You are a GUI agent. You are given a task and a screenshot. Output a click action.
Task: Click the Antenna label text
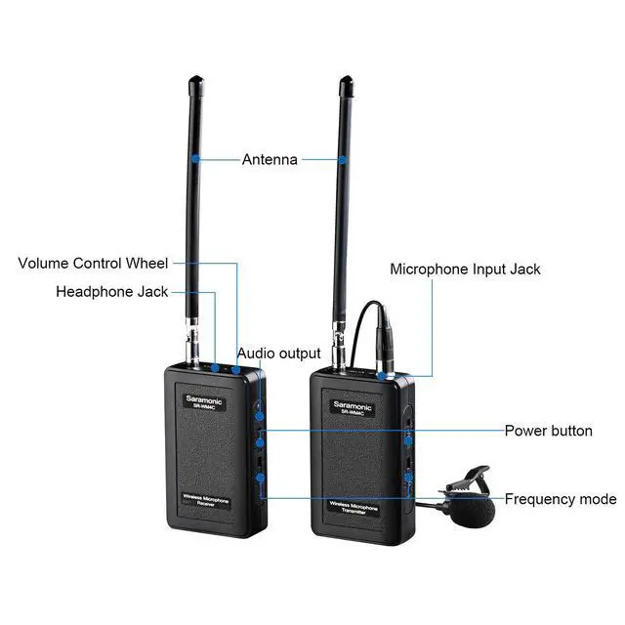click(x=270, y=159)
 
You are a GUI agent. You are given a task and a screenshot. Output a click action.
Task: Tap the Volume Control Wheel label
click(x=93, y=263)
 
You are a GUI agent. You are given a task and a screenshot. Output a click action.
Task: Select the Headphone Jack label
click(x=111, y=291)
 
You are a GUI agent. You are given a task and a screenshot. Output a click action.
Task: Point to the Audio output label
click(x=278, y=353)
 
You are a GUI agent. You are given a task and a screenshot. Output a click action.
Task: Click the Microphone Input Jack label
click(x=465, y=269)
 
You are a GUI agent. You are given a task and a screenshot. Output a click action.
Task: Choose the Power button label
click(x=548, y=431)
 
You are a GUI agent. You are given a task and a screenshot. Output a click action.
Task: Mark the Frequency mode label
click(x=560, y=499)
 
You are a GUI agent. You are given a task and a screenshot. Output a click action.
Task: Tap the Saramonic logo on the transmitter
click(x=352, y=399)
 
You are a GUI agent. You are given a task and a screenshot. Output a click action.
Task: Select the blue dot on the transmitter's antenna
click(x=344, y=157)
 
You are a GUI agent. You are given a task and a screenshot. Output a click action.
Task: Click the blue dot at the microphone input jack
click(x=379, y=373)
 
